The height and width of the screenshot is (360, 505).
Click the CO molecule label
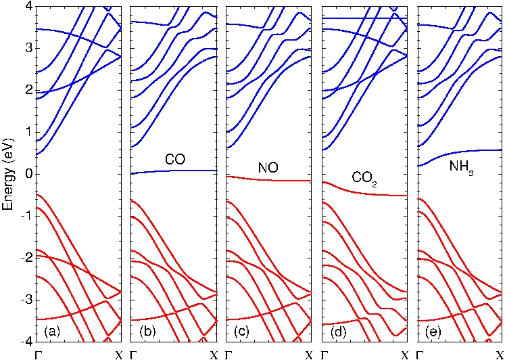(x=175, y=160)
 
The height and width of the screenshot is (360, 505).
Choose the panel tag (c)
(x=244, y=332)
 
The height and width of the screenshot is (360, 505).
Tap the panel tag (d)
(x=339, y=332)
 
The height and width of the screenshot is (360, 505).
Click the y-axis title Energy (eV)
(x=9, y=172)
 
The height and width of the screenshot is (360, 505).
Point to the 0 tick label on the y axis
(x=28, y=174)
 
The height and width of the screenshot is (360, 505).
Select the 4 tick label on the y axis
(x=28, y=6)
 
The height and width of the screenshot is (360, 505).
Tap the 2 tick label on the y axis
(x=28, y=90)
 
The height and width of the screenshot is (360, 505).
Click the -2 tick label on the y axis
(x=26, y=258)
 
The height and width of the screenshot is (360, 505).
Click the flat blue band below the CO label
(x=175, y=171)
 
